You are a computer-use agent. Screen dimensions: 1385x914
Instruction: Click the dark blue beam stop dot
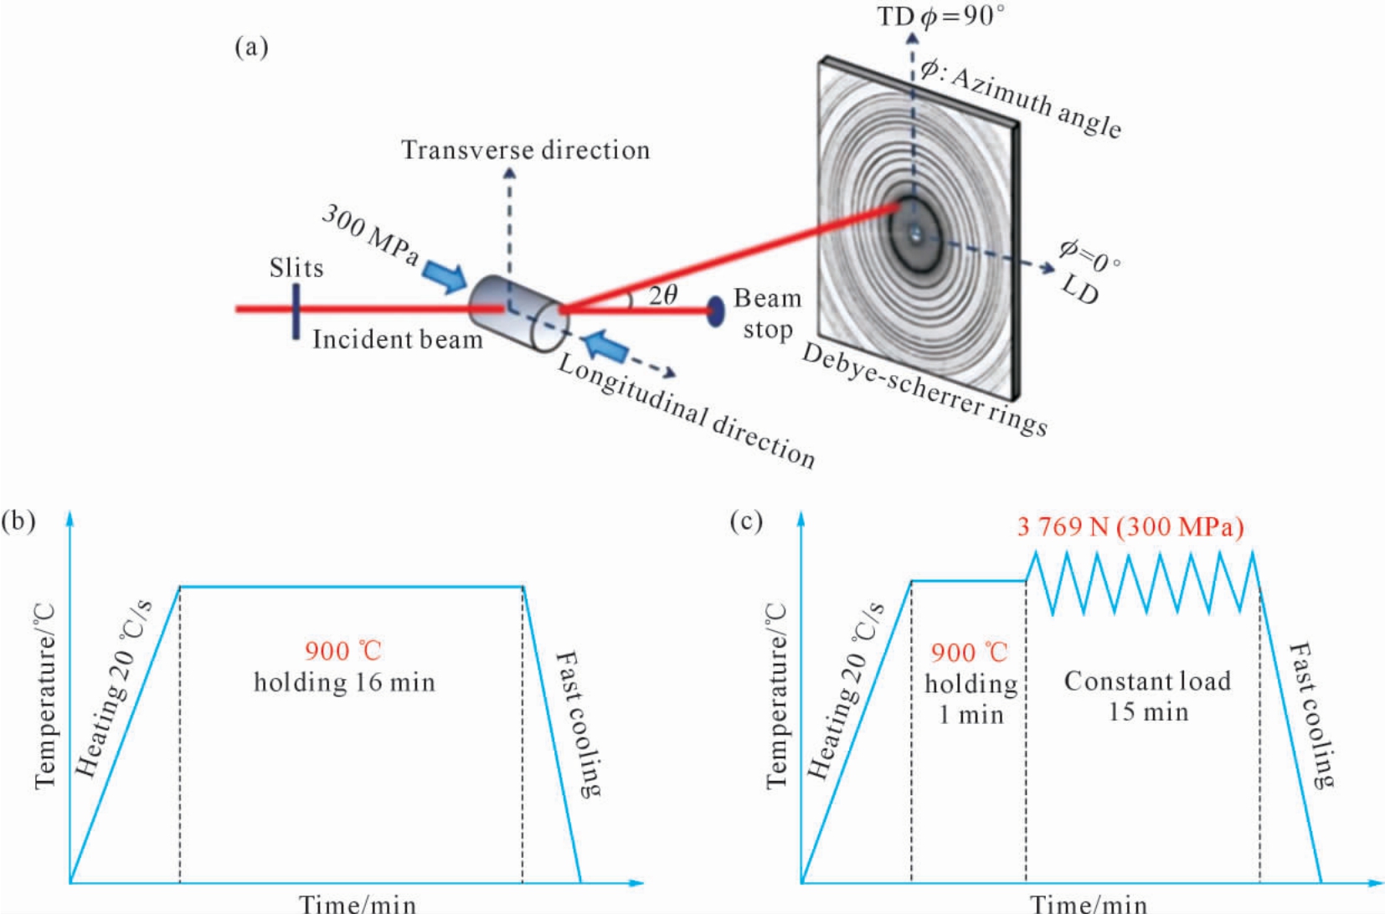click(715, 311)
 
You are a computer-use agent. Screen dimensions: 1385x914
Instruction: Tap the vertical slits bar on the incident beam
click(296, 311)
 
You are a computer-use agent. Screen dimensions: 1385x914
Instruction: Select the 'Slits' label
click(296, 268)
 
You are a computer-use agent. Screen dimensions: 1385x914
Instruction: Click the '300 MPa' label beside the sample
click(370, 235)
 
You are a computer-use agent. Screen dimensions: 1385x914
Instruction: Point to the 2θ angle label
click(663, 295)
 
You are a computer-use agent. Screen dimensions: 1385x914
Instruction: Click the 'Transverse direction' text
click(526, 150)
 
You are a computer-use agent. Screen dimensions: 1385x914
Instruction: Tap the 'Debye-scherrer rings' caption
click(924, 390)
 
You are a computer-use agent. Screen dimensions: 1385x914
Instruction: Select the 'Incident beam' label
click(398, 340)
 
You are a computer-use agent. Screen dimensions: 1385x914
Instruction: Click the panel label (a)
click(252, 48)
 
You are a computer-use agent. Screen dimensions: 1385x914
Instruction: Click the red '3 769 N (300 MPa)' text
click(1131, 527)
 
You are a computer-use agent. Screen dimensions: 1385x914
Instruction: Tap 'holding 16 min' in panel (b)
click(345, 683)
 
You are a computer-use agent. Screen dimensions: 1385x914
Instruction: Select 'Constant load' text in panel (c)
click(1147, 681)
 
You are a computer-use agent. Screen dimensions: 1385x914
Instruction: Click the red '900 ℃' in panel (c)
click(970, 653)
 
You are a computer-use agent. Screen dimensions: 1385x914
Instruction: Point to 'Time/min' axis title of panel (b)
click(358, 903)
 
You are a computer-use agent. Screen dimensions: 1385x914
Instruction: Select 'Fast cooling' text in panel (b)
click(578, 724)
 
